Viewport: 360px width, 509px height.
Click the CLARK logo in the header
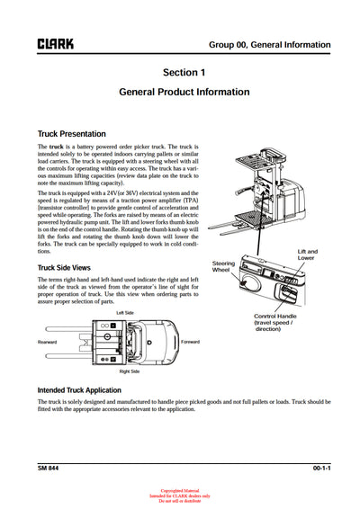pos(55,42)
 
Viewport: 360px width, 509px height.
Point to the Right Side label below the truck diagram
pos(130,371)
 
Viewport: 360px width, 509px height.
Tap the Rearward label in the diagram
pos(47,342)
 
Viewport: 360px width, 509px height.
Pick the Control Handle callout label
pos(280,323)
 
